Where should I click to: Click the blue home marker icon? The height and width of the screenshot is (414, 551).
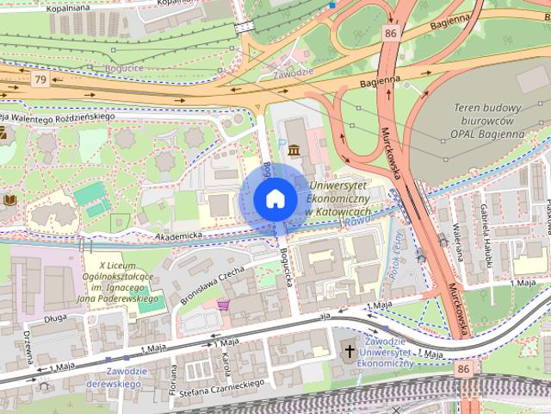click(275, 198)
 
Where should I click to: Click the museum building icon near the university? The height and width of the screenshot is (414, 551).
click(295, 151)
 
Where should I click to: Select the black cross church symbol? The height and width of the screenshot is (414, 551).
click(350, 351)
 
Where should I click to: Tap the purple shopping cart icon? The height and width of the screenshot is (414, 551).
click(224, 304)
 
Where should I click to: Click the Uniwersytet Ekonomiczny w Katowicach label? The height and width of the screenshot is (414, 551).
click(338, 198)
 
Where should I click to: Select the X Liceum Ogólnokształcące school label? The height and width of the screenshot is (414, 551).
click(126, 282)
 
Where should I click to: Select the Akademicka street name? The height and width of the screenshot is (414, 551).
click(178, 235)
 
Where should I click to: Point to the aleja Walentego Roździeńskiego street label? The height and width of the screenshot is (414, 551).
click(59, 116)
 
